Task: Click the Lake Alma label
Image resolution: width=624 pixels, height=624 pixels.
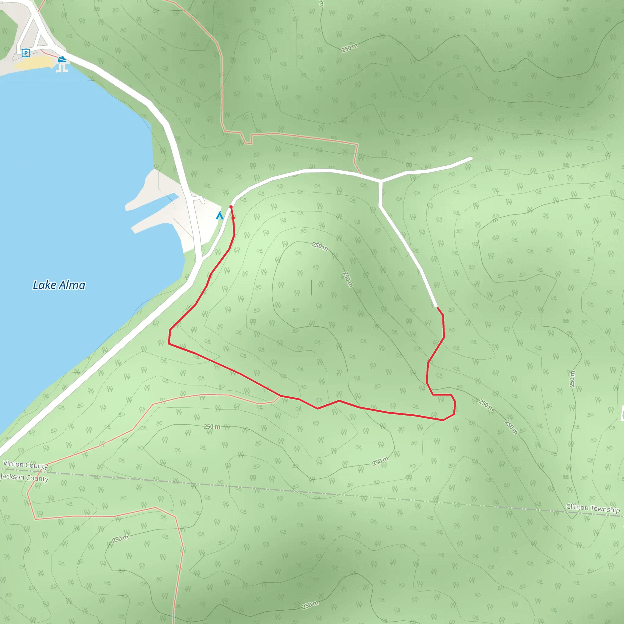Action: pyautogui.click(x=59, y=285)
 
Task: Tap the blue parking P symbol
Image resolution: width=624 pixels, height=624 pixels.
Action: pyautogui.click(x=26, y=53)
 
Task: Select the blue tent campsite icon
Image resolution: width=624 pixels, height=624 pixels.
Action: pyautogui.click(x=220, y=215)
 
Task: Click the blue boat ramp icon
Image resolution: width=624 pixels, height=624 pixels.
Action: pyautogui.click(x=62, y=59)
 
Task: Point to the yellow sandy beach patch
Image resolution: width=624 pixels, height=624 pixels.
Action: pyautogui.click(x=34, y=63)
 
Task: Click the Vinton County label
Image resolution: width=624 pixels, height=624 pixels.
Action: pyautogui.click(x=26, y=465)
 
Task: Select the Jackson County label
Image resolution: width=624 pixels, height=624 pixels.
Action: pyautogui.click(x=25, y=477)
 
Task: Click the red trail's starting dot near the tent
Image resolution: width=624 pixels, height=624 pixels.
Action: pyautogui.click(x=231, y=207)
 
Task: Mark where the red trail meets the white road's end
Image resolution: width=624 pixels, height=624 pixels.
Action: pyautogui.click(x=437, y=307)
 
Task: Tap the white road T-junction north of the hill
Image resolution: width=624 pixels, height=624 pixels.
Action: pyautogui.click(x=381, y=181)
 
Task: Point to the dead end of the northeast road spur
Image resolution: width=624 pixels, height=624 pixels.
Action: pyautogui.click(x=471, y=158)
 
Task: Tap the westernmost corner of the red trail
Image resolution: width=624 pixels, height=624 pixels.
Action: pyautogui.click(x=169, y=344)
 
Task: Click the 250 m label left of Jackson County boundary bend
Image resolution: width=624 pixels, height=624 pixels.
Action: pyautogui.click(x=120, y=538)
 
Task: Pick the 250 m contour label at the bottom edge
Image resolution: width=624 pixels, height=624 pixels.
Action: pyautogui.click(x=310, y=605)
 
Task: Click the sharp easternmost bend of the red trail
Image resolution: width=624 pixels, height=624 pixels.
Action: pyautogui.click(x=455, y=402)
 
